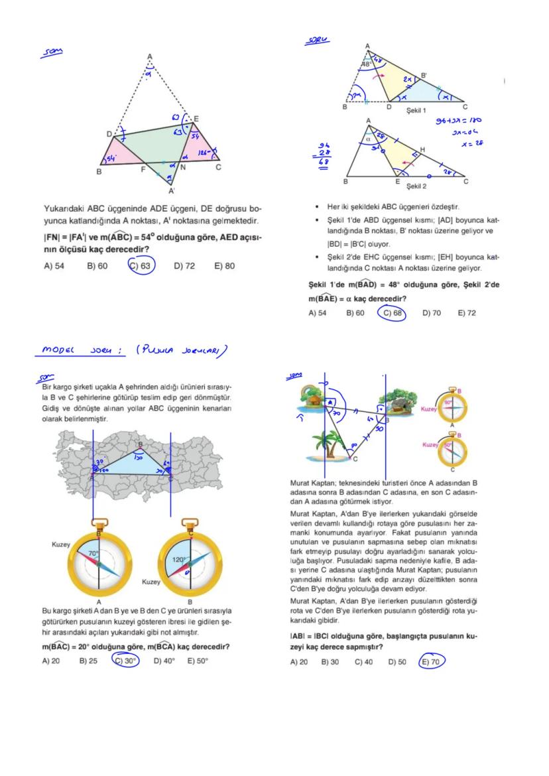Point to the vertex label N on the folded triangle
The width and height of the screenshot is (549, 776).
(x=182, y=168)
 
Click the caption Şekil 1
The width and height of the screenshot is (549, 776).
(x=416, y=110)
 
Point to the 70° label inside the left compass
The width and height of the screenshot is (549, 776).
(x=94, y=552)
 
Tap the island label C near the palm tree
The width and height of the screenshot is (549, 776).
(x=355, y=458)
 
